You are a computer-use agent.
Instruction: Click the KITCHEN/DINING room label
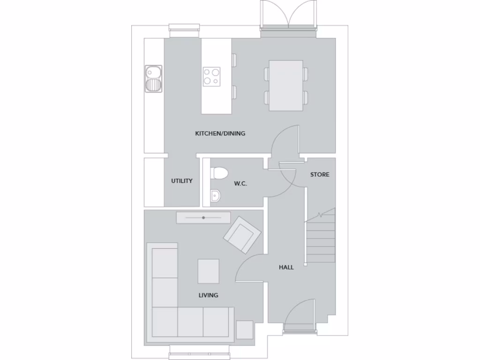(x=220, y=134)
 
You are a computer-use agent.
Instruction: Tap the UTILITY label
(x=182, y=181)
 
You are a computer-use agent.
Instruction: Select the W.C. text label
(x=240, y=184)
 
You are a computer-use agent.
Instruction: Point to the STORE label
(x=320, y=174)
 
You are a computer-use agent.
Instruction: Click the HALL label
(x=286, y=267)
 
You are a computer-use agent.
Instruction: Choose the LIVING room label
(x=208, y=295)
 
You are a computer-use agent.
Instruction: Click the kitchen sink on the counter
(x=153, y=78)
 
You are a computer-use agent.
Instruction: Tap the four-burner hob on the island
(x=211, y=76)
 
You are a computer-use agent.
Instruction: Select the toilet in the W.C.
(x=218, y=172)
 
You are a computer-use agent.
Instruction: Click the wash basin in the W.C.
(x=215, y=195)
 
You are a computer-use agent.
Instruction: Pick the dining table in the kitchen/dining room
(x=286, y=85)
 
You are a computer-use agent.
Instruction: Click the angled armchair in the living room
(x=242, y=235)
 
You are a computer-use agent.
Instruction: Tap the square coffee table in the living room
(x=208, y=271)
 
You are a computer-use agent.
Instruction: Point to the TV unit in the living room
(x=203, y=218)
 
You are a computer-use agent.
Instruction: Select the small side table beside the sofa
(x=244, y=330)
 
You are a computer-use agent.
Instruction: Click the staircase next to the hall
(x=321, y=237)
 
